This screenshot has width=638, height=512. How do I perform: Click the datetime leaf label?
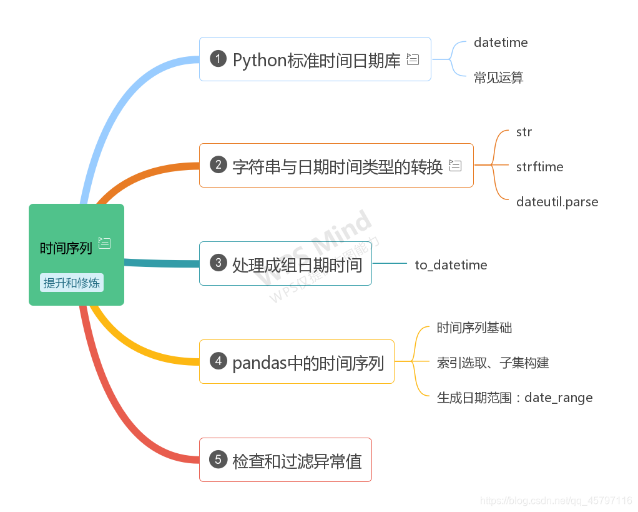500,43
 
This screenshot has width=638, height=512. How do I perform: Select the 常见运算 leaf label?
498,78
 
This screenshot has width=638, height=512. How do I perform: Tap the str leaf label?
524,132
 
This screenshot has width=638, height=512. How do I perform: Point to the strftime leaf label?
539,167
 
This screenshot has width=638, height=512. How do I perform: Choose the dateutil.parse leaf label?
557,202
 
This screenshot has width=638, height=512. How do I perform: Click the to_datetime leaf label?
451,265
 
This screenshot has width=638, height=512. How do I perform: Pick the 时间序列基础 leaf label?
474,328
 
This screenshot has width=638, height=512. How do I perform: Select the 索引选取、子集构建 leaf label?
493,363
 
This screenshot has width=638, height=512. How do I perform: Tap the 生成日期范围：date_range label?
514,398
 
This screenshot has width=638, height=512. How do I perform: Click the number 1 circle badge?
218,59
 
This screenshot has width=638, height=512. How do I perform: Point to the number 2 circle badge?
218,165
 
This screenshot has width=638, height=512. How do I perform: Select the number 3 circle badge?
218,263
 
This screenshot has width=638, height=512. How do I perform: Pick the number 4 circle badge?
218,361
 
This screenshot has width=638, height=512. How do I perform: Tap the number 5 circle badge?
218,459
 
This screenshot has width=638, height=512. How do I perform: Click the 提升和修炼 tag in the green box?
71,283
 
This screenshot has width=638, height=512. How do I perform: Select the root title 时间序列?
66,248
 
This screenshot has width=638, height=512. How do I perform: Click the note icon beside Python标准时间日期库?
413,59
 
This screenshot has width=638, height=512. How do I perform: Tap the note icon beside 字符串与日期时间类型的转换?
455,166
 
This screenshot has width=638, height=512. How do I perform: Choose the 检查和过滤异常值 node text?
297,461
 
